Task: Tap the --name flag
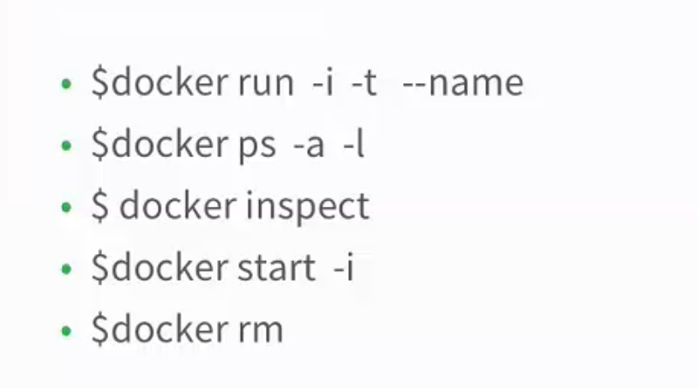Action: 463,83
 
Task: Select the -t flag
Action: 364,83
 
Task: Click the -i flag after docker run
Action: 322,82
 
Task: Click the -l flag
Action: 353,144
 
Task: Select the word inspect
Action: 307,208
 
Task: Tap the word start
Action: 277,268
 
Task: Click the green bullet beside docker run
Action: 66,84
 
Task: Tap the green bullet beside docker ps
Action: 66,146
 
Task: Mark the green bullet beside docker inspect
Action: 66,207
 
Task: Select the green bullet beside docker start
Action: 66,269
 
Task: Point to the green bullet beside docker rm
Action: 66,331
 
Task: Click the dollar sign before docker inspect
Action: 99,206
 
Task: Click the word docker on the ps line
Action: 170,144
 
